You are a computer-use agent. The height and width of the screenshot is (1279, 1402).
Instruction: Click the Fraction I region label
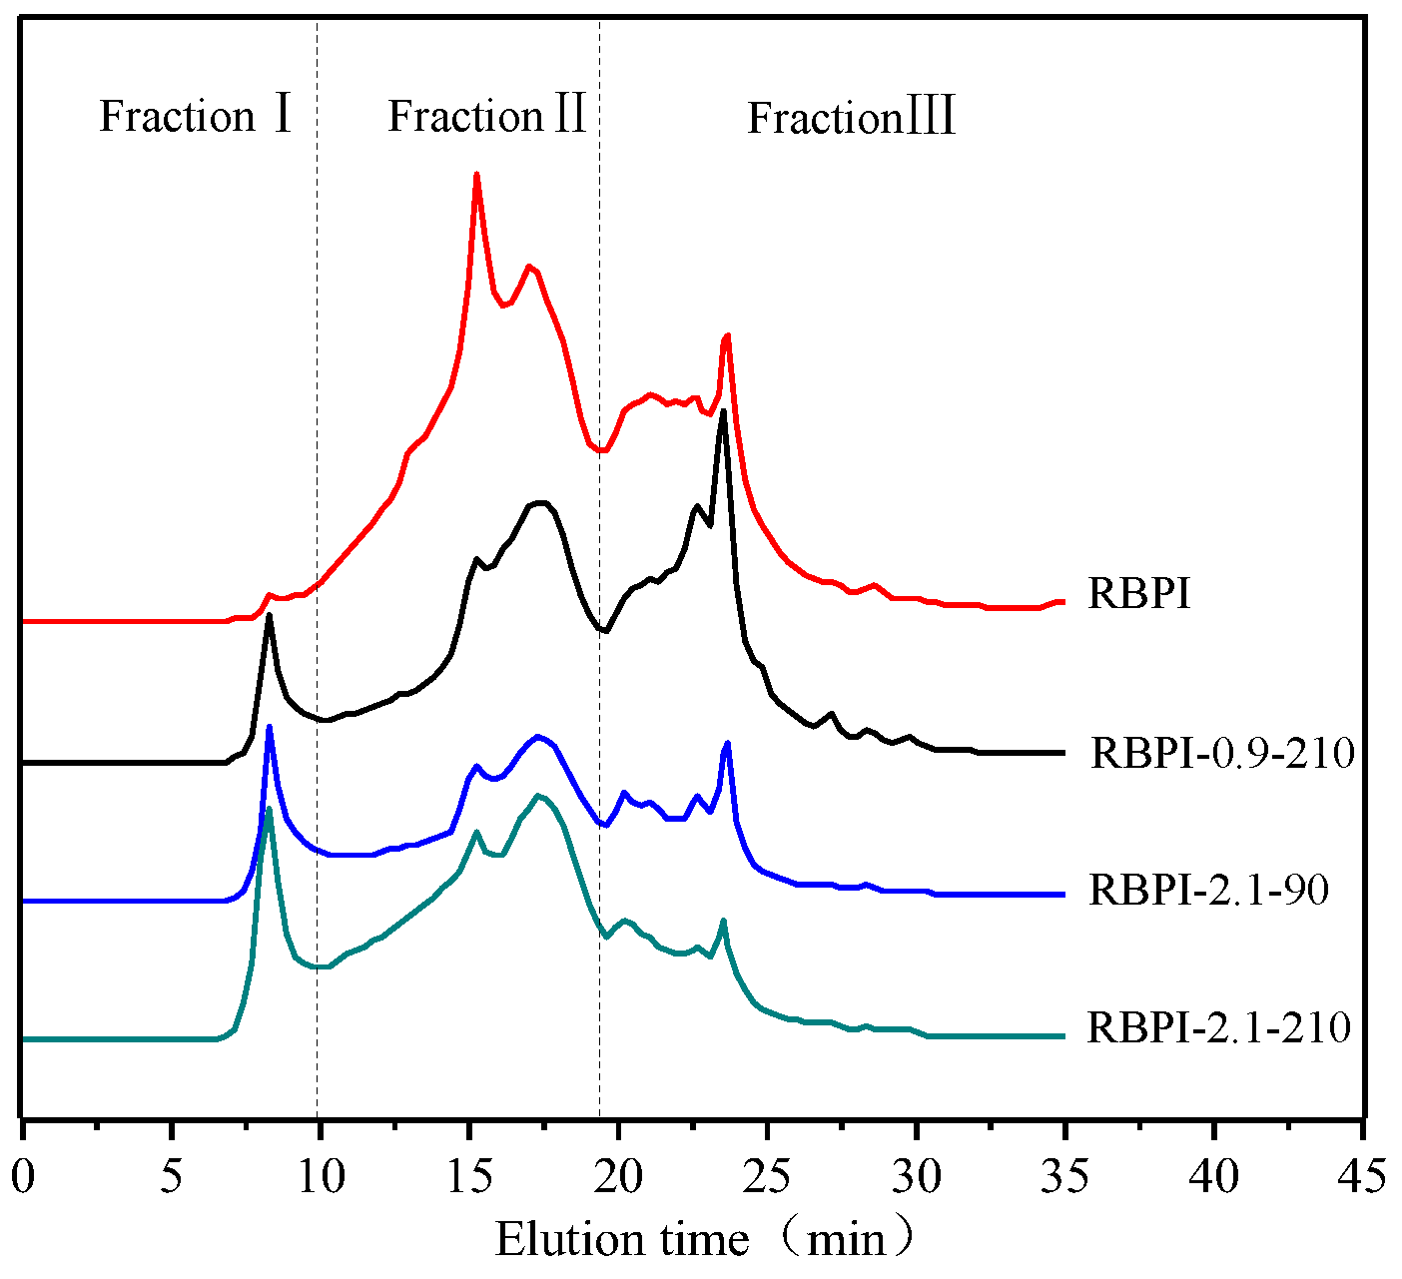coord(196,117)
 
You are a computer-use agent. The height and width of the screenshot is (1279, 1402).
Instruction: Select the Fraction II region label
coord(486,117)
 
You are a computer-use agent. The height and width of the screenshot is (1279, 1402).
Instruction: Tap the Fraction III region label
coord(852,119)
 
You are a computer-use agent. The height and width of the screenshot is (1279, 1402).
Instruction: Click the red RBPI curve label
coord(1138,595)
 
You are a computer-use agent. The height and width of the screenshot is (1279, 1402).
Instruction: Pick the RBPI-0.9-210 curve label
coord(1222,753)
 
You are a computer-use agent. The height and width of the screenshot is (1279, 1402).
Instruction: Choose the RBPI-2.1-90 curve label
coord(1208,890)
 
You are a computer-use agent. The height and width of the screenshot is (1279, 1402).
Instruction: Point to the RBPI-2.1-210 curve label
coord(1218,1027)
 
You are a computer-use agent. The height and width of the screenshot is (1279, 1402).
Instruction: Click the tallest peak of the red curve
coord(476,175)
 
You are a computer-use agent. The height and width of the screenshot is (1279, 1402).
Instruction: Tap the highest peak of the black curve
coord(722,411)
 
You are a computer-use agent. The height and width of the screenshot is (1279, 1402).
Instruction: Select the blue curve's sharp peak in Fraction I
coord(269,727)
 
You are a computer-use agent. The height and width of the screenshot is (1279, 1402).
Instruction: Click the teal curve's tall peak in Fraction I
coord(269,809)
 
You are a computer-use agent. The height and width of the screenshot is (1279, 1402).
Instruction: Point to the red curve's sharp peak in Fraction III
coord(727,336)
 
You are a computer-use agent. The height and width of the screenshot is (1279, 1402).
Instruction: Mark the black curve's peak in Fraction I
coord(269,615)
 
